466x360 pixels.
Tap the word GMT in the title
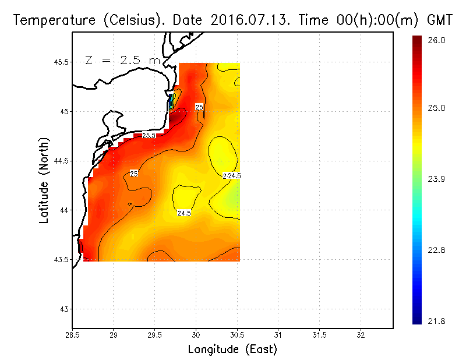pyautogui.click(x=440, y=20)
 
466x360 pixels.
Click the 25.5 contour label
pyautogui.click(x=149, y=135)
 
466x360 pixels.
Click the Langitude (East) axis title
pyautogui.click(x=232, y=349)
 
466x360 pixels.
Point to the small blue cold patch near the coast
pyautogui.click(x=170, y=104)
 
